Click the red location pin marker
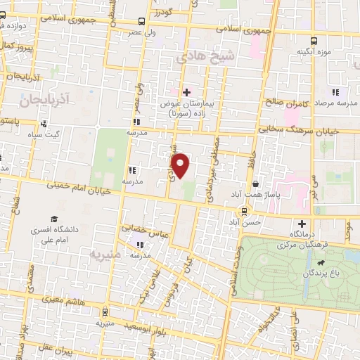(181, 165)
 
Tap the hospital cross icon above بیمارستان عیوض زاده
(186, 91)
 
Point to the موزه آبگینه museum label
(314, 51)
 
